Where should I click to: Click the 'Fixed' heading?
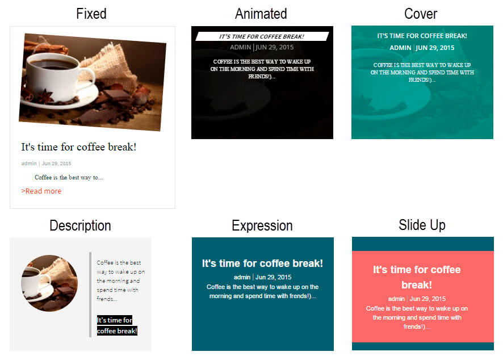pos(91,14)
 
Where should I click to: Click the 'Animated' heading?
pos(261,14)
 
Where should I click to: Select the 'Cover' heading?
pos(421,14)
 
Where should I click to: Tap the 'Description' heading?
pos(80,225)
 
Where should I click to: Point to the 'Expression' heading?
pos(262,225)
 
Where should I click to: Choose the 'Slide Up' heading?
pos(422,225)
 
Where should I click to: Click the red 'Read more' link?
pos(41,191)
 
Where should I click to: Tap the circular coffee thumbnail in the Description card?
pos(49,283)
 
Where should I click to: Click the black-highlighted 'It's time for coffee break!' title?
pos(117,325)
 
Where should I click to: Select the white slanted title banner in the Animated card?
pos(262,36)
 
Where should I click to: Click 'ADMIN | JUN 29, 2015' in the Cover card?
pos(422,48)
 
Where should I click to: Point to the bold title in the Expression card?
pos(262,263)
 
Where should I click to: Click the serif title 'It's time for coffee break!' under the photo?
pos(79,147)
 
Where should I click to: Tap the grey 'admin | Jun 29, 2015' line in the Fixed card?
pos(46,164)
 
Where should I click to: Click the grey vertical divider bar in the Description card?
pos(90,295)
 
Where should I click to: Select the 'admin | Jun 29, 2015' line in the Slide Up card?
pos(417,299)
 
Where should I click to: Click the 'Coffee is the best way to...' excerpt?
pos(69,177)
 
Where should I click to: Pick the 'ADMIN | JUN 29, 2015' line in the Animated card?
pos(262,47)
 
